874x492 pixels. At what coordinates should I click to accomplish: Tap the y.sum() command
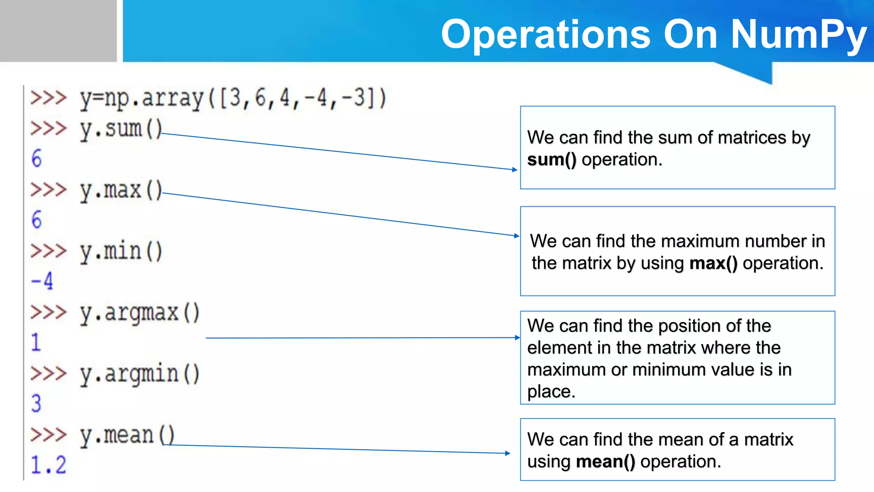121,129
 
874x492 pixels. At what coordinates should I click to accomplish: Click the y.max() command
121,190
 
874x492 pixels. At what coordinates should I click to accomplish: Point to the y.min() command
121,252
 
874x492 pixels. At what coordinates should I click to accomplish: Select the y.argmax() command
140,313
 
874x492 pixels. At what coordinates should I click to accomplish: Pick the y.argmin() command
140,374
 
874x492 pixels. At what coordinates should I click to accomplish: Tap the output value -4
42,281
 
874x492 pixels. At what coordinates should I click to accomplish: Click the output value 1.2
48,465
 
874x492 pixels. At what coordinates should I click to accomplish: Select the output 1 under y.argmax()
36,343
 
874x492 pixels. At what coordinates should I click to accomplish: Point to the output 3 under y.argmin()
36,404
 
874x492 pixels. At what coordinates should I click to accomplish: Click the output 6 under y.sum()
37,159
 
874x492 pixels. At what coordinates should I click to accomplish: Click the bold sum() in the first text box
552,160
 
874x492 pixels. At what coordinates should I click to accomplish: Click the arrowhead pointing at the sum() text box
515,170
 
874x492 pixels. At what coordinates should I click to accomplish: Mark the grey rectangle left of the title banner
58,31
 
